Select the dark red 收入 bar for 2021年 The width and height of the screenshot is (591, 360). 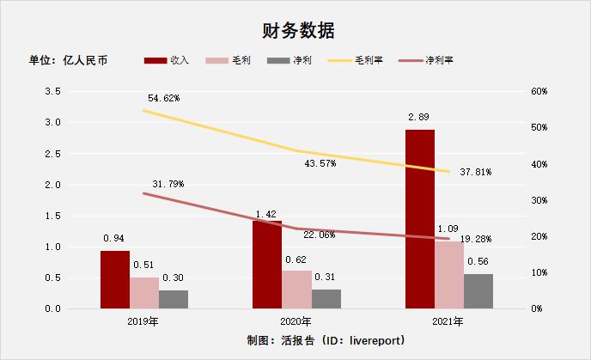(x=420, y=219)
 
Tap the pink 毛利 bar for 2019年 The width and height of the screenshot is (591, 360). (x=144, y=292)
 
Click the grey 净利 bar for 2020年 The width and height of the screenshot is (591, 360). (x=326, y=298)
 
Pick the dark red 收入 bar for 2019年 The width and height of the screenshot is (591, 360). (x=115, y=279)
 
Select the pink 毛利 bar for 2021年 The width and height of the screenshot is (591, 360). (x=449, y=274)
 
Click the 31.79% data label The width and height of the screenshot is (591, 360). (x=168, y=184)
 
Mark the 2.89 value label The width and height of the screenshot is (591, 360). (x=419, y=116)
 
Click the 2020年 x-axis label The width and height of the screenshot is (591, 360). (x=296, y=322)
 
